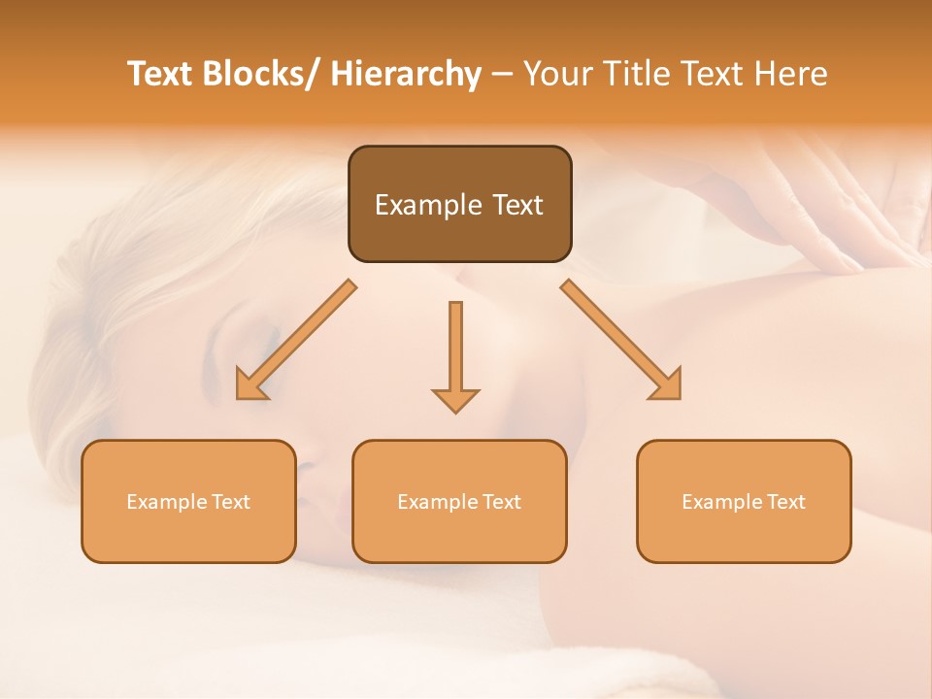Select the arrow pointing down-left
pyautogui.click(x=296, y=340)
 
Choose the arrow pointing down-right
pyautogui.click(x=621, y=340)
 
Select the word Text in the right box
pyautogui.click(x=786, y=502)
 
